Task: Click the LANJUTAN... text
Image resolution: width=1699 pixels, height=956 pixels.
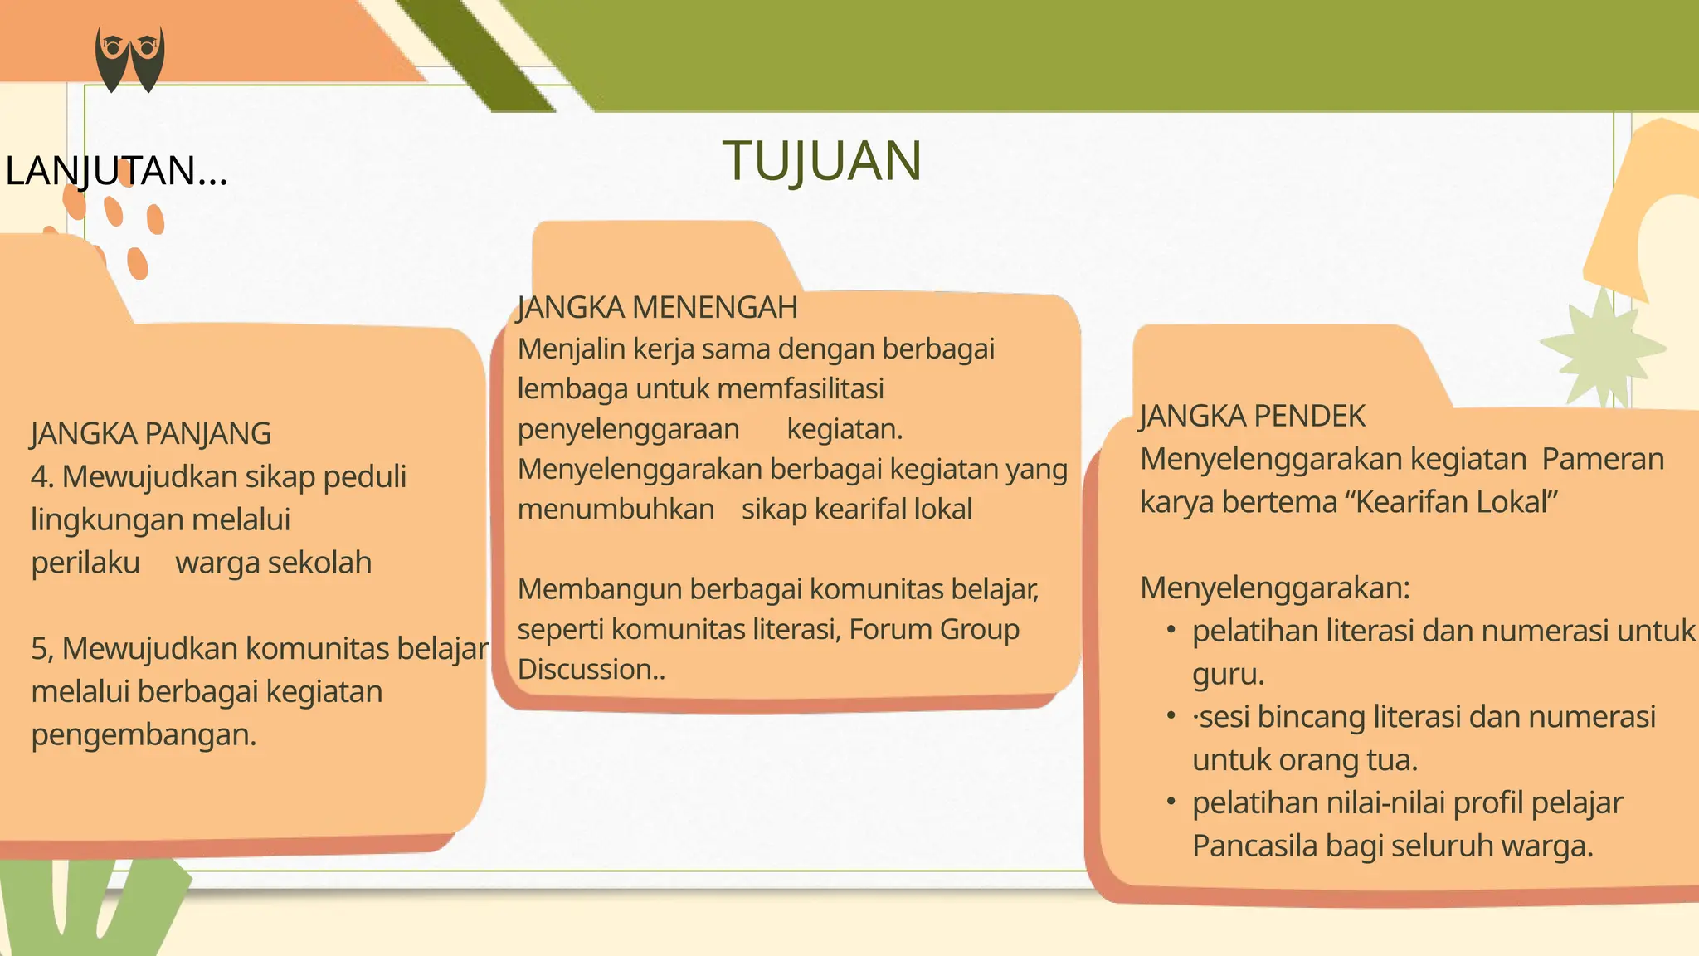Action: tap(116, 171)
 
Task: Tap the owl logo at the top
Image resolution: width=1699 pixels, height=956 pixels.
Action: tap(129, 58)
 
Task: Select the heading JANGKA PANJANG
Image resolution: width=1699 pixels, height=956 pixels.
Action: tap(151, 434)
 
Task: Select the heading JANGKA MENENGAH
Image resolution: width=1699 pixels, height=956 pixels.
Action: tap(657, 308)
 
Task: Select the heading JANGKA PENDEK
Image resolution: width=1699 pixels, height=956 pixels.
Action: tap(1252, 417)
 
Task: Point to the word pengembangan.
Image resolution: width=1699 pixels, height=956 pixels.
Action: tap(144, 735)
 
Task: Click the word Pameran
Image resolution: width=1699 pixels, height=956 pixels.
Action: tap(1603, 459)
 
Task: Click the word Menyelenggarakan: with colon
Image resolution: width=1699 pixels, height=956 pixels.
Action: tap(1275, 588)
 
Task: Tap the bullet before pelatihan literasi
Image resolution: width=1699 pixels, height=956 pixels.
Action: tap(1171, 631)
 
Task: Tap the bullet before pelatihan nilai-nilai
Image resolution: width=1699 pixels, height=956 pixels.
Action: tap(1171, 802)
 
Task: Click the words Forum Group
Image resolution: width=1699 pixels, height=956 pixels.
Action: tap(933, 630)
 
